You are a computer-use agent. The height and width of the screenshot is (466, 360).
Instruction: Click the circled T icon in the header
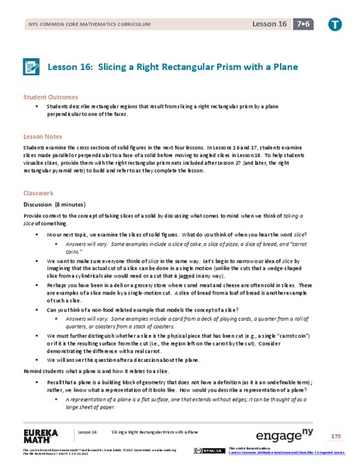pos(333,24)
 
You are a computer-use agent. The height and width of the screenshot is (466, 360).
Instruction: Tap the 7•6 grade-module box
pos(299,24)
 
